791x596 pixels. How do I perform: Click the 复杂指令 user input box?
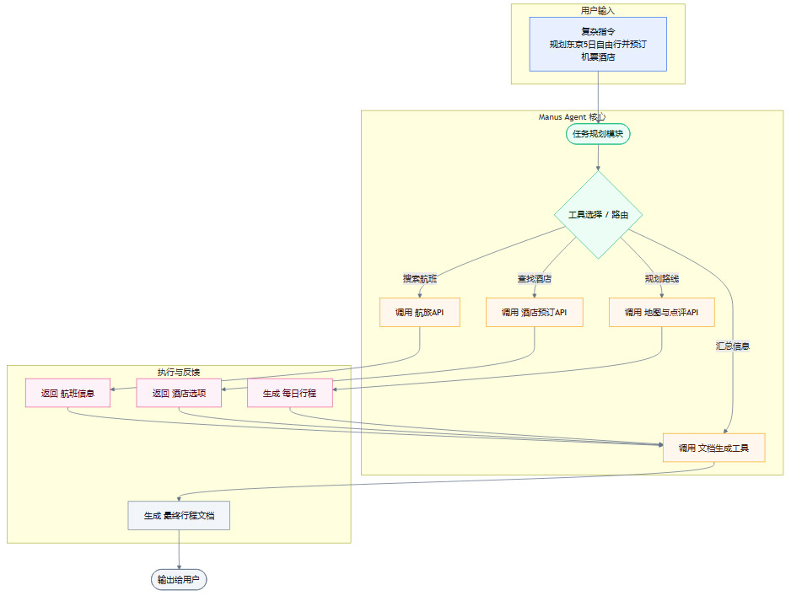(598, 44)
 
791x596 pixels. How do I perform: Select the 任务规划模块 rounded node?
(598, 134)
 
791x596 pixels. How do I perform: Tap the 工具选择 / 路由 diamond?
(598, 215)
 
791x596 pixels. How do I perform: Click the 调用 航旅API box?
(420, 312)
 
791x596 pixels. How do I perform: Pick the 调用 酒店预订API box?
(535, 312)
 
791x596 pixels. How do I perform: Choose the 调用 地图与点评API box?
(661, 312)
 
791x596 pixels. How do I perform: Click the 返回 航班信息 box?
(67, 393)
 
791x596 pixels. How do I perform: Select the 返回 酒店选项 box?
(179, 393)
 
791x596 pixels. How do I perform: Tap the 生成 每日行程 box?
(289, 393)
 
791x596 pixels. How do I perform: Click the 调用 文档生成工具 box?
(713, 448)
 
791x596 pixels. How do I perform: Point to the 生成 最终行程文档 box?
(179, 515)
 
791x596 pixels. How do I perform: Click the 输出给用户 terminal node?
(179, 580)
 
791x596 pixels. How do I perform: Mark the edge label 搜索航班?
(420, 278)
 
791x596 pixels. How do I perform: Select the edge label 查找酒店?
(535, 278)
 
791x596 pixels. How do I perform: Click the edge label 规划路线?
(661, 278)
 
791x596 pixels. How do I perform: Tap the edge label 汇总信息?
(733, 346)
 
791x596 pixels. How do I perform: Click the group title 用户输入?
(598, 10)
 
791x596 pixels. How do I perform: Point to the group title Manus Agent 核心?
(572, 117)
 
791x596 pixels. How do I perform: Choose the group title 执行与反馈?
(179, 372)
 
